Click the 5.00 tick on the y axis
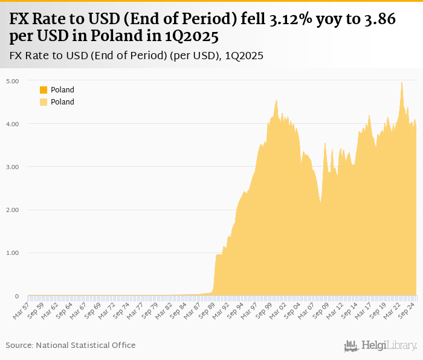pos(13,81)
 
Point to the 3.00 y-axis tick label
pos(13,167)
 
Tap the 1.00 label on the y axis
pos(13,253)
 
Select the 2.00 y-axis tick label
pos(13,210)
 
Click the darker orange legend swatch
pos(44,90)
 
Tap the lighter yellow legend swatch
pos(44,102)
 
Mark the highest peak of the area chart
pos(401,83)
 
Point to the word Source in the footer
pos(18,345)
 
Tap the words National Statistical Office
pos(85,345)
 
